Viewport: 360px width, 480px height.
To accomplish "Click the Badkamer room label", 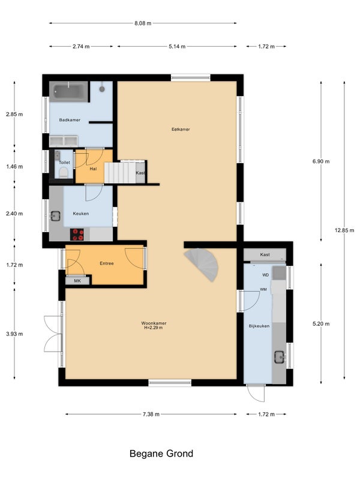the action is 70,120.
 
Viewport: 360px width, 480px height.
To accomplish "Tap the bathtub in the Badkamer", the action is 69,91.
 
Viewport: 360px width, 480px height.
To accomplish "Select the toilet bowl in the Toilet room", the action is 64,173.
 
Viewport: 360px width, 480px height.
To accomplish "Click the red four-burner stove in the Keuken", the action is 77,235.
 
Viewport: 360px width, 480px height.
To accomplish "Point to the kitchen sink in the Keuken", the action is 55,216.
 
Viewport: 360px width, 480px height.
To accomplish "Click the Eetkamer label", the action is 181,130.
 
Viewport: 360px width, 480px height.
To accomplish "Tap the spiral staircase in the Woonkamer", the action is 203,264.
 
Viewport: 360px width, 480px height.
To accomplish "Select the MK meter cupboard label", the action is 77,281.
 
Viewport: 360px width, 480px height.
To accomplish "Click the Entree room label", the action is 107,263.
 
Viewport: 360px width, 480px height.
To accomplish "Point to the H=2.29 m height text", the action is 154,328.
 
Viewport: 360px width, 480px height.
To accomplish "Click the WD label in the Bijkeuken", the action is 265,275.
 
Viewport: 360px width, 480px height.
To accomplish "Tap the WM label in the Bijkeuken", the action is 263,289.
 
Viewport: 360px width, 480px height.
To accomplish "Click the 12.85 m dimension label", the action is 344,230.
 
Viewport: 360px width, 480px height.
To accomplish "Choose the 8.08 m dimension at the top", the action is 143,23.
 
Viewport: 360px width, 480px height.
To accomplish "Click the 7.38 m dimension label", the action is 151,415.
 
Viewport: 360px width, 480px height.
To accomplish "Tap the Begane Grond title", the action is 161,454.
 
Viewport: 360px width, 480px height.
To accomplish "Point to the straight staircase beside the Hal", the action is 120,173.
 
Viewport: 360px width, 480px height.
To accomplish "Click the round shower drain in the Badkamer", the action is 102,89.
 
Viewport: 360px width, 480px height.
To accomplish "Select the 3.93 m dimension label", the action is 14,334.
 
